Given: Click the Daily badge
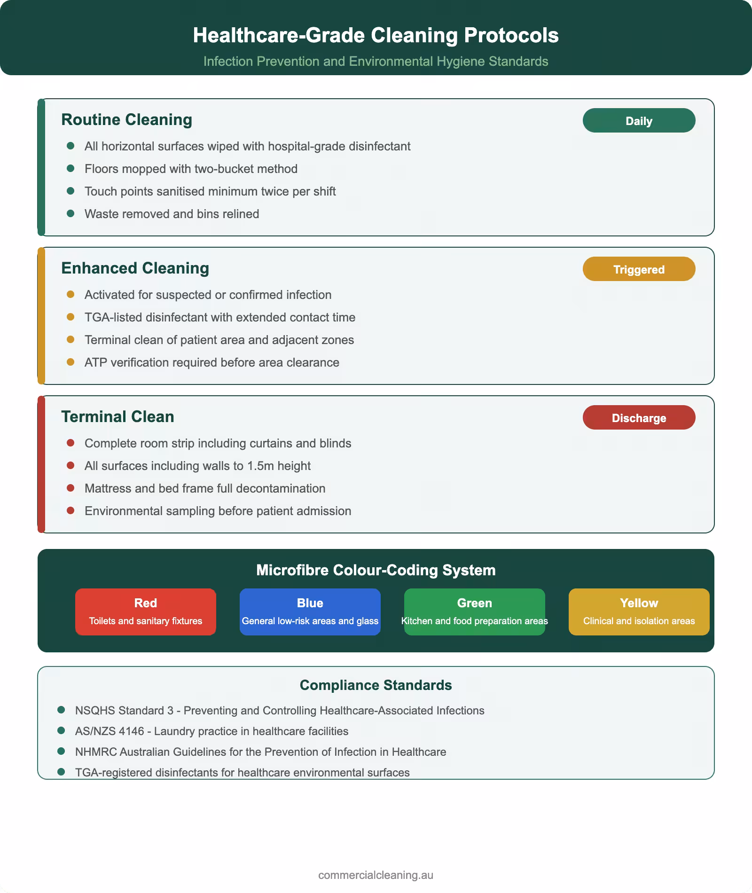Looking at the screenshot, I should pyautogui.click(x=639, y=121).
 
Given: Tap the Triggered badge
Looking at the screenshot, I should pyautogui.click(x=639, y=269).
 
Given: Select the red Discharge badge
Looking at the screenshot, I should pyautogui.click(x=639, y=418).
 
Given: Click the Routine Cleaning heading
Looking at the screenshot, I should pyautogui.click(x=126, y=120).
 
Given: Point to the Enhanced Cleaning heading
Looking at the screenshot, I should pyautogui.click(x=135, y=268).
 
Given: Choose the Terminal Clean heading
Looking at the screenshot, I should pyautogui.click(x=117, y=417).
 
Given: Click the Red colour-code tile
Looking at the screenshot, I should pyautogui.click(x=145, y=611).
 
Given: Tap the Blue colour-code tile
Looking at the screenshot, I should pyautogui.click(x=310, y=611).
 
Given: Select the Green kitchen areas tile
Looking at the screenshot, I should pyautogui.click(x=474, y=611).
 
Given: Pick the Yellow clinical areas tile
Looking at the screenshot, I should pyautogui.click(x=639, y=611).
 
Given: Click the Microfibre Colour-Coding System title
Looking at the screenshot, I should pyautogui.click(x=376, y=570).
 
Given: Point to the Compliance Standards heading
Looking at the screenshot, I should pyautogui.click(x=376, y=685).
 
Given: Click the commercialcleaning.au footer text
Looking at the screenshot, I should pyautogui.click(x=376, y=875).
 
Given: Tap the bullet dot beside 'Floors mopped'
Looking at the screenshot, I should pyautogui.click(x=71, y=168).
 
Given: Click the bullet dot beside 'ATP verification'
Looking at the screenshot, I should pyautogui.click(x=71, y=362).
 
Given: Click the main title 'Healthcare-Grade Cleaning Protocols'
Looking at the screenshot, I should pyautogui.click(x=376, y=36).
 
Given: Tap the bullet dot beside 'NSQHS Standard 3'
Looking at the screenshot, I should pyautogui.click(x=61, y=710).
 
